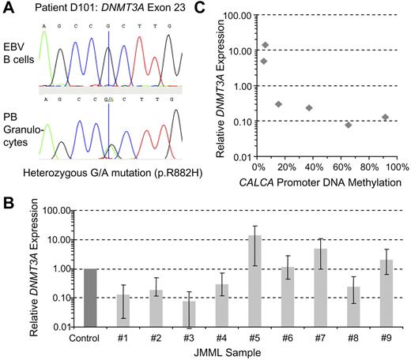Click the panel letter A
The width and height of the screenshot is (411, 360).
point(8,9)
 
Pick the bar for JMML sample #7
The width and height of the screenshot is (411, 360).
point(321,287)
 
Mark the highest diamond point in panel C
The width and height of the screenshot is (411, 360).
point(266,45)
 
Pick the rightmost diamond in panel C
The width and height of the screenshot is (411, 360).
point(385,117)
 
